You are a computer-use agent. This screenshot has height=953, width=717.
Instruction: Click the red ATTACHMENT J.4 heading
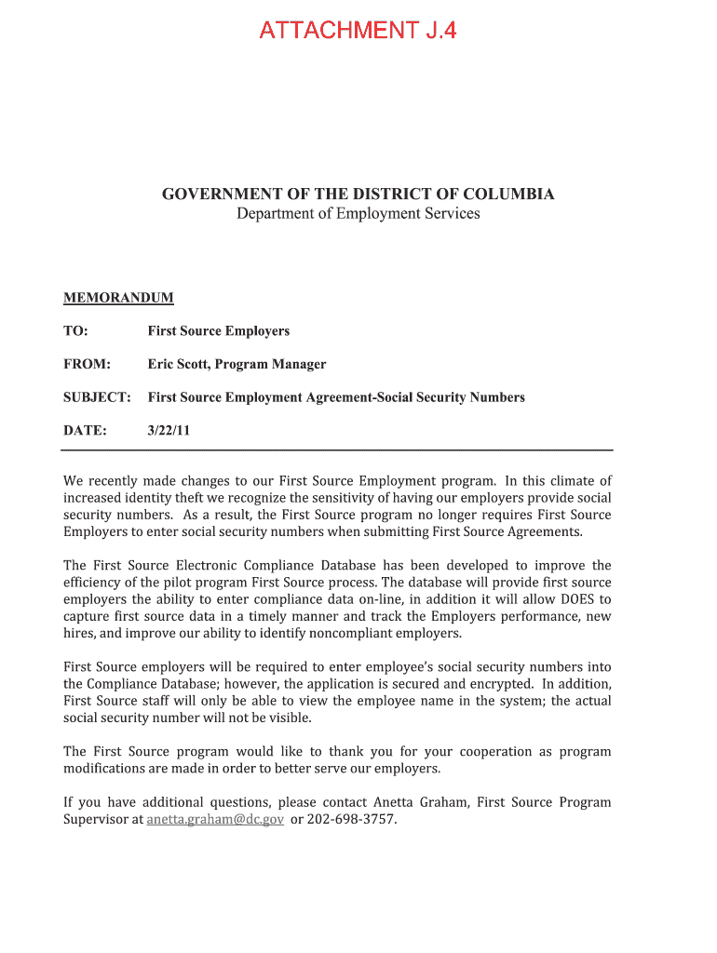point(358,31)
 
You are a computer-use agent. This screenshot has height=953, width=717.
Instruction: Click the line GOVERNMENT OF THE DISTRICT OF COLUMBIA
point(358,195)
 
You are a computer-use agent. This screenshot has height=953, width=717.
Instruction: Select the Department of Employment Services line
point(358,214)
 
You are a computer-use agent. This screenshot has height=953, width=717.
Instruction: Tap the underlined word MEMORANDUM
point(118,298)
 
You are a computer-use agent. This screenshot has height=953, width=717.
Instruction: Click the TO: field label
point(75,331)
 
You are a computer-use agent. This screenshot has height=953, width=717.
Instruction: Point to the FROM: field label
point(87,364)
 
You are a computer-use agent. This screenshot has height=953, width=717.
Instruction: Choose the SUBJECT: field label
point(97,397)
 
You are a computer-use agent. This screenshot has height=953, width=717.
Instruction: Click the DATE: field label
point(85,431)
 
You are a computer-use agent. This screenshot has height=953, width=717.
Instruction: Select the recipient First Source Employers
point(219,331)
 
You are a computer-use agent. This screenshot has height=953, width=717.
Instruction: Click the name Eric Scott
point(177,364)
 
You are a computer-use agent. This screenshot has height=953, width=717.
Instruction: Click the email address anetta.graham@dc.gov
point(215,820)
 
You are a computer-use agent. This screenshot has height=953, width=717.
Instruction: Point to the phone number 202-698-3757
point(351,820)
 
